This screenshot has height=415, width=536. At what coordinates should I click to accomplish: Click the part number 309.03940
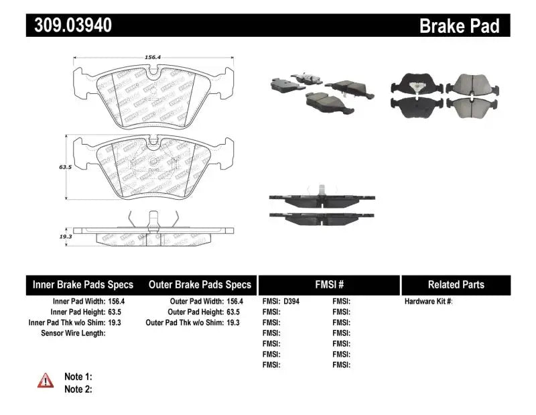(x=70, y=25)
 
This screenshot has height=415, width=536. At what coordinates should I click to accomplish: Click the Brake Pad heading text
(x=459, y=25)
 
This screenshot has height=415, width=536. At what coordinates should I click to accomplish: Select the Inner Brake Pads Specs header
(x=83, y=285)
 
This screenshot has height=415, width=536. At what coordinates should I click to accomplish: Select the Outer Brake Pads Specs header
(x=200, y=285)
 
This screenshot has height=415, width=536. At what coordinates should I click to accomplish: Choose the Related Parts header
(x=456, y=285)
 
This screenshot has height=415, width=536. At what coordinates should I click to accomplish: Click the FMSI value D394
(x=293, y=301)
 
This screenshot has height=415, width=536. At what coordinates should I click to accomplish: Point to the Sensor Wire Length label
(x=73, y=333)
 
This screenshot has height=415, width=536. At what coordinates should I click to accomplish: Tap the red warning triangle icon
(x=46, y=381)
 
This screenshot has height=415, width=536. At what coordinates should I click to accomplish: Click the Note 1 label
(x=78, y=377)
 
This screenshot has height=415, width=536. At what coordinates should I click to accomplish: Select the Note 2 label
(x=78, y=389)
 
